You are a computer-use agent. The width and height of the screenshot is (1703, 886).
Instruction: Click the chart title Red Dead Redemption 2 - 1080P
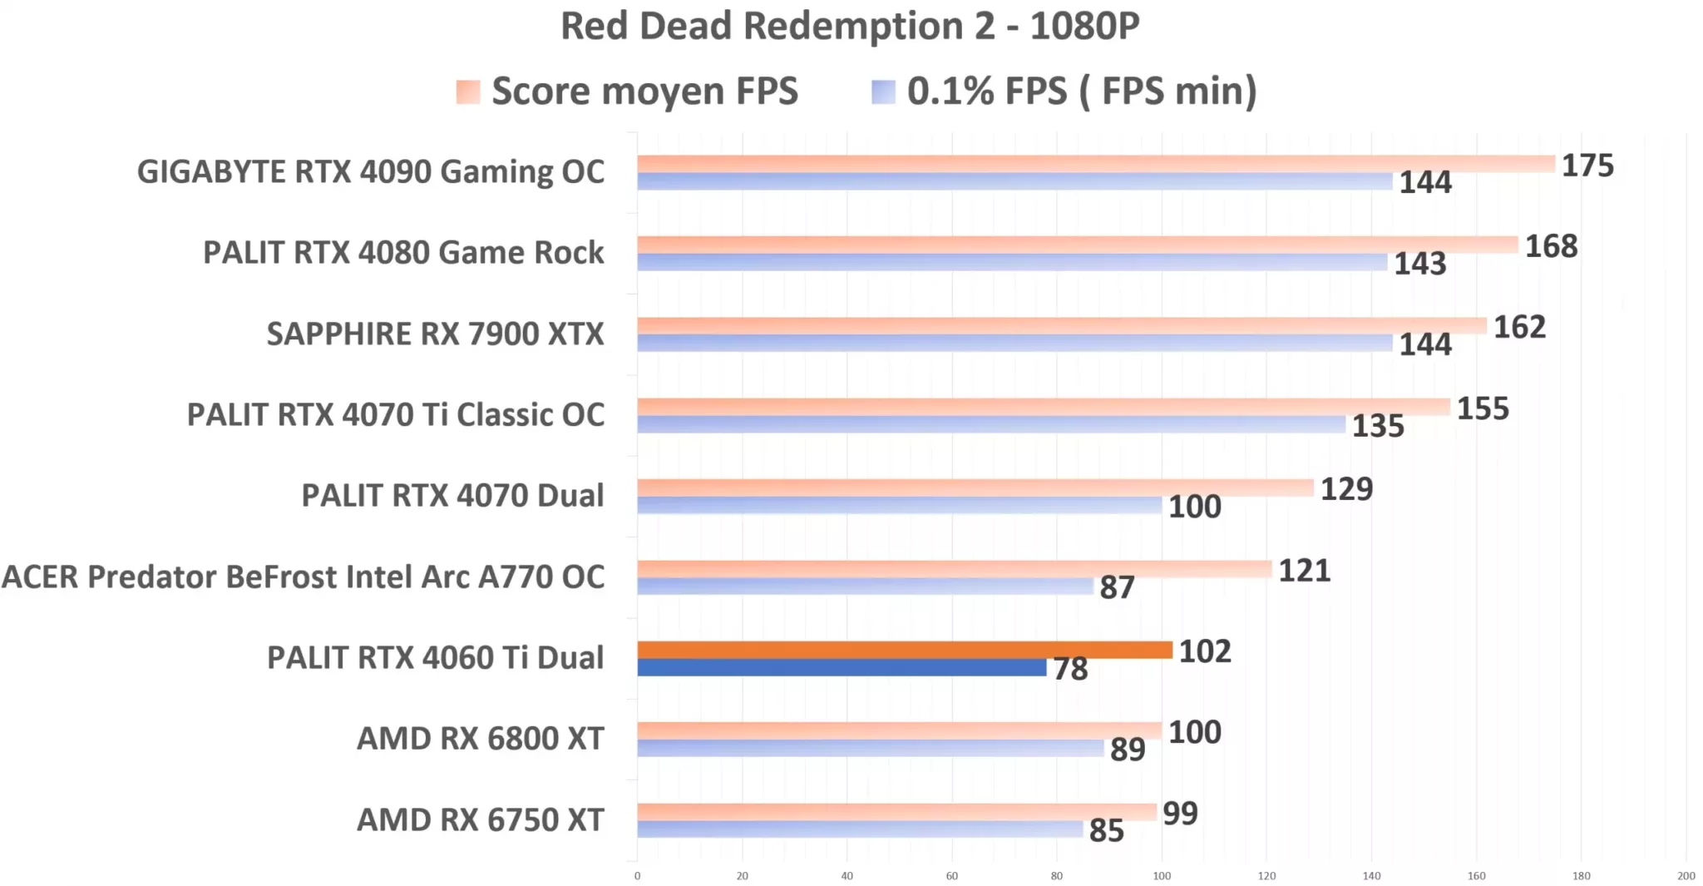coord(850,27)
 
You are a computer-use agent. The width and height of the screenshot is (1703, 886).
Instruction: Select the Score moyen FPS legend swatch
coord(468,92)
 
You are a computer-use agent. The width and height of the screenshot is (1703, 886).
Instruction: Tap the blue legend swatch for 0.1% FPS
coord(883,92)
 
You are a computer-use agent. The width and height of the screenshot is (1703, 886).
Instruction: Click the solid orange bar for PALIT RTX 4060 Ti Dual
coord(905,650)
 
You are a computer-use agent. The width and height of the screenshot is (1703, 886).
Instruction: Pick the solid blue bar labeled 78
coord(842,667)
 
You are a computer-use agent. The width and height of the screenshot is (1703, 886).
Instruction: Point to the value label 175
coord(1587,166)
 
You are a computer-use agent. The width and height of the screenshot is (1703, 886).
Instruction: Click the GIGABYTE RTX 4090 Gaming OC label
coord(371,172)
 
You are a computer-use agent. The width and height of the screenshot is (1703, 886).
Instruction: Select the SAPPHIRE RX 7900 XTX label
coord(435,334)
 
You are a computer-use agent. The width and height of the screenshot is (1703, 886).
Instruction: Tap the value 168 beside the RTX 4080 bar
coord(1551,246)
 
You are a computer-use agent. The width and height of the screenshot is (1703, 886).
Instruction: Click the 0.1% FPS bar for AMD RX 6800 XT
coord(870,748)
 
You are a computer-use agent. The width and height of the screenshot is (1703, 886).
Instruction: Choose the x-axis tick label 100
coord(1162,875)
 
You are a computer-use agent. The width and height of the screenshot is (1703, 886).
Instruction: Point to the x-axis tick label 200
coord(1686,875)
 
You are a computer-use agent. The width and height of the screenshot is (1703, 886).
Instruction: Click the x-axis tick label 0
coord(638,875)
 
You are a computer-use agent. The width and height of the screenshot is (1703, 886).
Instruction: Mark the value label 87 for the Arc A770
coord(1117,587)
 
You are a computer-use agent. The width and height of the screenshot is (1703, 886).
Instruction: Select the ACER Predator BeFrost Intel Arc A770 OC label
coord(304,577)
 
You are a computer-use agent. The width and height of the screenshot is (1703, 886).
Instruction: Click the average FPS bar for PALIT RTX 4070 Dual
coord(975,488)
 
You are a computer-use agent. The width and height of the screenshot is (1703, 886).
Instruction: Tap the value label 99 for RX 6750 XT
coord(1180,814)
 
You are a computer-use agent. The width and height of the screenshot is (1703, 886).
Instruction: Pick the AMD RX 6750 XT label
coord(481,820)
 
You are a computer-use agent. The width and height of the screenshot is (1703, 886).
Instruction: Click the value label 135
coord(1377,426)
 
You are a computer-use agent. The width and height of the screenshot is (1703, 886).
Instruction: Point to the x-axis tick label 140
coord(1371,875)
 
